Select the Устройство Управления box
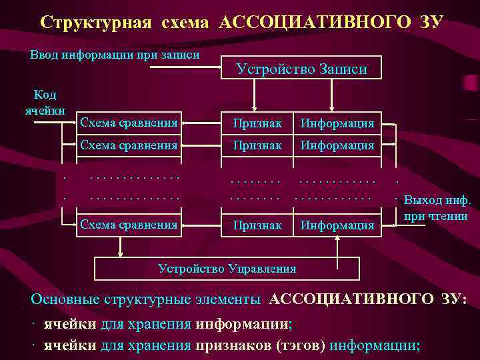point(227,268)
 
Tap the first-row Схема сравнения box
point(128,123)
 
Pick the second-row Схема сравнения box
point(128,144)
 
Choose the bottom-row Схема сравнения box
point(128,225)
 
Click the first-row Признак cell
point(257,123)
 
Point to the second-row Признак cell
point(257,145)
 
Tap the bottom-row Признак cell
point(257,225)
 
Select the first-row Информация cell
point(337,123)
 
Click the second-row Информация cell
point(337,145)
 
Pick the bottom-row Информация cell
point(337,225)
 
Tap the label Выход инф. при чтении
point(437,207)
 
